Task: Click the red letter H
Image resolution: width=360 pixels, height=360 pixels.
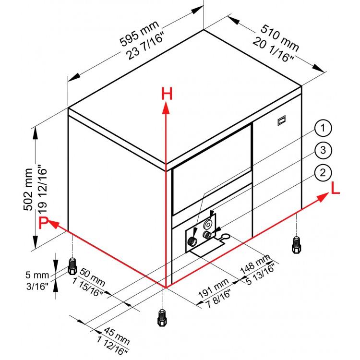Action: tap(167, 94)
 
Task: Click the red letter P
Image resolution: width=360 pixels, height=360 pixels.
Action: tap(43, 223)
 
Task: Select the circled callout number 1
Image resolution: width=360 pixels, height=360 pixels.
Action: tap(323, 128)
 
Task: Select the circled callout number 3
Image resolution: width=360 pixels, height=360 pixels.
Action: tap(323, 150)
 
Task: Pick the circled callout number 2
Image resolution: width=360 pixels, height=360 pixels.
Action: tap(323, 173)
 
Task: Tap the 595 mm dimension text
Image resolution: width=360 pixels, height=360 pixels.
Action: tap(139, 33)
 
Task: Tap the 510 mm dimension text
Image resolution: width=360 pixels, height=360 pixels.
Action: tap(280, 38)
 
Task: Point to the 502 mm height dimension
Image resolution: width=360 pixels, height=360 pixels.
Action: tap(28, 190)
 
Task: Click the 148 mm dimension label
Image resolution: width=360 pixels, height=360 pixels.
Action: tap(255, 264)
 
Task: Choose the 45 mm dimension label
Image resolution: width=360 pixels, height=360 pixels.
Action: tap(117, 336)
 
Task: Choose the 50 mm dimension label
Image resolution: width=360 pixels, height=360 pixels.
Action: tap(92, 277)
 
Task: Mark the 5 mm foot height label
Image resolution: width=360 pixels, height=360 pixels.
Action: tap(37, 275)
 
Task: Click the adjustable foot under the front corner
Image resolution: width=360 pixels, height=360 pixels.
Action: tap(162, 318)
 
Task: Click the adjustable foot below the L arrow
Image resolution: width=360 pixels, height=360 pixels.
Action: tap(296, 245)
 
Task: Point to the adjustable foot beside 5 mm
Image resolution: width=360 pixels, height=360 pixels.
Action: tap(72, 266)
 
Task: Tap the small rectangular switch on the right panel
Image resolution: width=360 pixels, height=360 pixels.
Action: tap(281, 120)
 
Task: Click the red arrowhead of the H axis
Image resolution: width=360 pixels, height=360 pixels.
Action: tap(166, 108)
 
